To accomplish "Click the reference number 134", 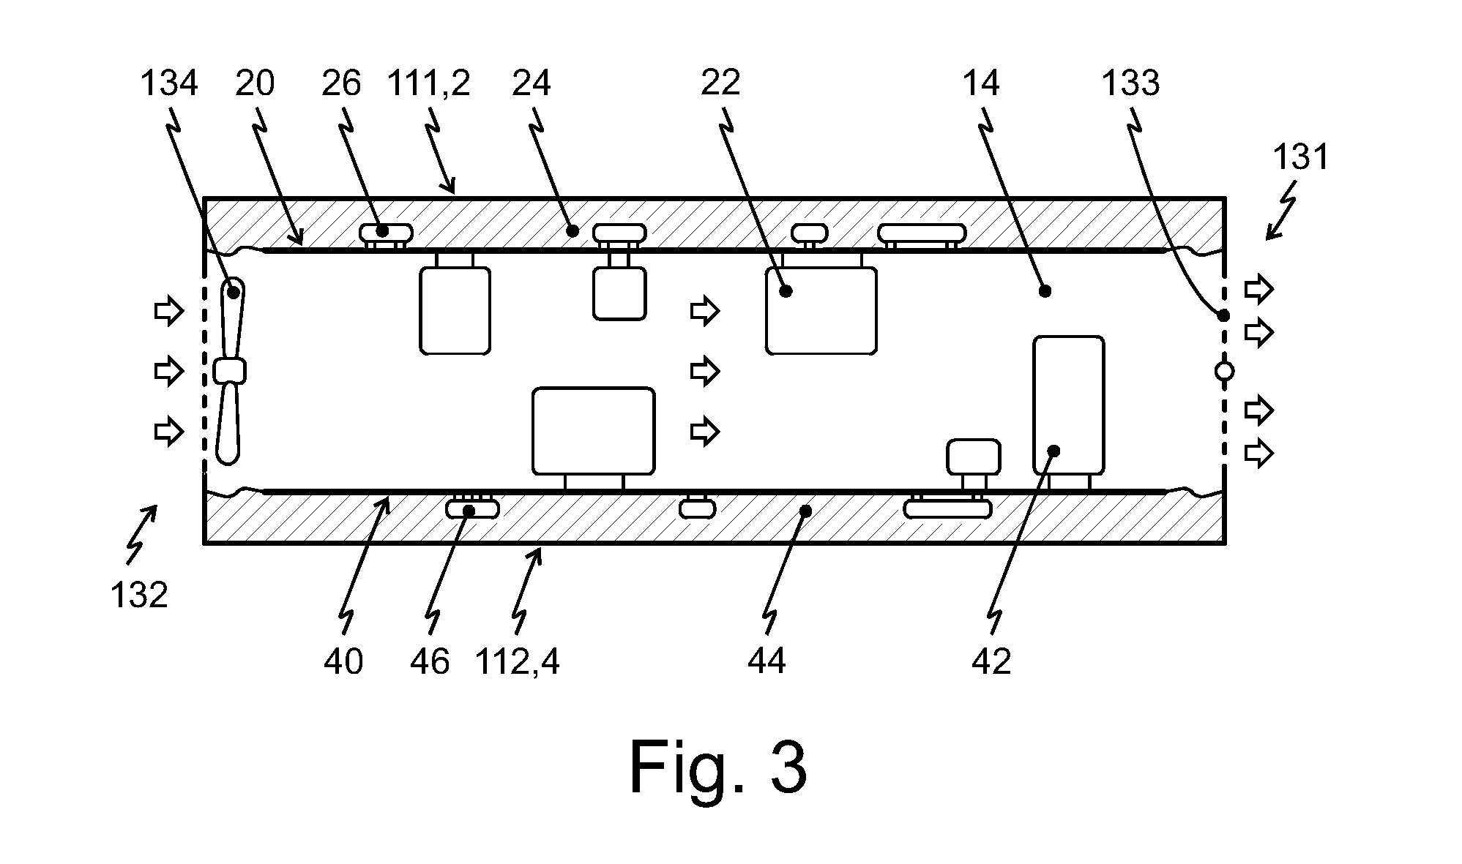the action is (168, 84).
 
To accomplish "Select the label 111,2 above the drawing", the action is (428, 84).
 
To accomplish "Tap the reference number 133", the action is (1130, 84).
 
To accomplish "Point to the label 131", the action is (1301, 157).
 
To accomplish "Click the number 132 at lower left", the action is (139, 595).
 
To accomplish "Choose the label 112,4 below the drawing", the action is (518, 662).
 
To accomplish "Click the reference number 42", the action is (991, 662).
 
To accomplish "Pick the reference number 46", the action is (430, 662).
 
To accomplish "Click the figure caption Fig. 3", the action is (718, 767).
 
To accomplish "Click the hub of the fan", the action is (230, 371).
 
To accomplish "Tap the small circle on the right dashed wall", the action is (1224, 372).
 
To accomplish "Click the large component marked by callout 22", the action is (821, 311).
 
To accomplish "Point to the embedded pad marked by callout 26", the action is (387, 233).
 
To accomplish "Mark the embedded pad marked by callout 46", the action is (473, 508).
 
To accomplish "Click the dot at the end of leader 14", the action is (1045, 291).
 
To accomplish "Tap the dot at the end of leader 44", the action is (805, 511).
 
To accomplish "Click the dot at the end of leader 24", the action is (573, 231).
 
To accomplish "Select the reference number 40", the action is (343, 662).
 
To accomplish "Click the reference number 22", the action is (720, 84).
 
